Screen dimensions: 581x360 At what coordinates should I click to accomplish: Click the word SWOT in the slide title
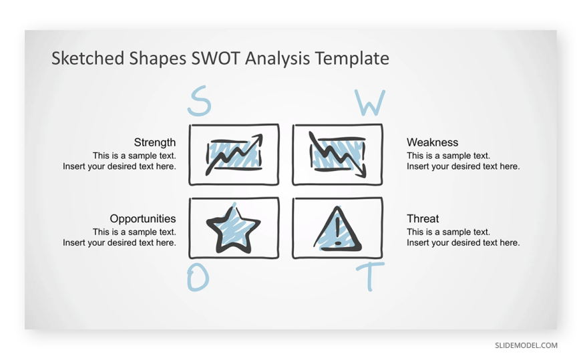(x=215, y=58)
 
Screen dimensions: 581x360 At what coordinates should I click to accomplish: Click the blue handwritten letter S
(x=200, y=101)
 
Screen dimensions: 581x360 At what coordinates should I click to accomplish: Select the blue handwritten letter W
(x=370, y=102)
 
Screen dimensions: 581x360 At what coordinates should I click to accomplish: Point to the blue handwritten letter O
(x=198, y=277)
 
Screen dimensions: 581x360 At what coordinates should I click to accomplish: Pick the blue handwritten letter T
(x=370, y=277)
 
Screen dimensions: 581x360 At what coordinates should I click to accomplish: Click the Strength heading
(x=155, y=143)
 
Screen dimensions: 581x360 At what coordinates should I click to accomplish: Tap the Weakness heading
(x=433, y=142)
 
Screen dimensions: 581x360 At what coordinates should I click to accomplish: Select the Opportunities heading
(x=143, y=219)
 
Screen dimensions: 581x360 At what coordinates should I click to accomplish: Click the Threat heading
(x=423, y=219)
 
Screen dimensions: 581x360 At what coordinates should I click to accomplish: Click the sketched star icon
(x=233, y=230)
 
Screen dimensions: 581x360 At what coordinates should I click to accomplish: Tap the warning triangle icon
(x=337, y=229)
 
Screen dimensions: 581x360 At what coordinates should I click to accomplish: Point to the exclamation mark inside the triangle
(x=337, y=230)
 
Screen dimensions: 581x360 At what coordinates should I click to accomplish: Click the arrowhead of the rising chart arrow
(x=258, y=140)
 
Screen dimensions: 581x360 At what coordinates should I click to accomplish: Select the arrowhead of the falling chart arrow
(x=362, y=172)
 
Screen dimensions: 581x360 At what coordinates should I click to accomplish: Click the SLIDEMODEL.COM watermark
(x=526, y=345)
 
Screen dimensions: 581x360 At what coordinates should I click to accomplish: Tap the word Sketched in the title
(x=87, y=58)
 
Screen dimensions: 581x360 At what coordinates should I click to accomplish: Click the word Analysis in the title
(x=277, y=58)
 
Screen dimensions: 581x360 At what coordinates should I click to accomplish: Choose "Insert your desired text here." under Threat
(x=463, y=243)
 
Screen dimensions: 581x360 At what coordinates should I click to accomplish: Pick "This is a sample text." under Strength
(x=134, y=156)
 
